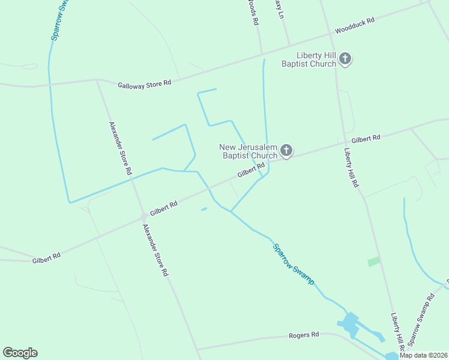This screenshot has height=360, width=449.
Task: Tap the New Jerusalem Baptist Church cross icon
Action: pyautogui.click(x=286, y=151)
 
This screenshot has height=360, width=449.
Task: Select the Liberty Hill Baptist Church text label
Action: pyautogui.click(x=309, y=59)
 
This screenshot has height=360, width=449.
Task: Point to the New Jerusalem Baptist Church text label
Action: pyautogui.click(x=248, y=151)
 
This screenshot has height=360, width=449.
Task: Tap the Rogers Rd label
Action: pyautogui.click(x=304, y=334)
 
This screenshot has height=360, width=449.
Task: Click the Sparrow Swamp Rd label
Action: pyautogui.click(x=421, y=319)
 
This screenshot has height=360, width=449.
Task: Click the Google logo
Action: pyautogui.click(x=20, y=353)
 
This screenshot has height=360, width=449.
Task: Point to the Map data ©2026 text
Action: pyautogui.click(x=423, y=355)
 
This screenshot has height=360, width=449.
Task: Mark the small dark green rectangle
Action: pyautogui.click(x=374, y=262)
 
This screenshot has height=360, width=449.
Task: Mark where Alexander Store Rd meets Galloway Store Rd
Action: pyautogui.click(x=97, y=79)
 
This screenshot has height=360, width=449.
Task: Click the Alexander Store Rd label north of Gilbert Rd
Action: pyautogui.click(x=120, y=148)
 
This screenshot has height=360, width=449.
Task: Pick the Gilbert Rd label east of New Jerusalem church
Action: pyautogui.click(x=366, y=139)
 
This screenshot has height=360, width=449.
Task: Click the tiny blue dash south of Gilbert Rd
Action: pyautogui.click(x=204, y=209)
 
